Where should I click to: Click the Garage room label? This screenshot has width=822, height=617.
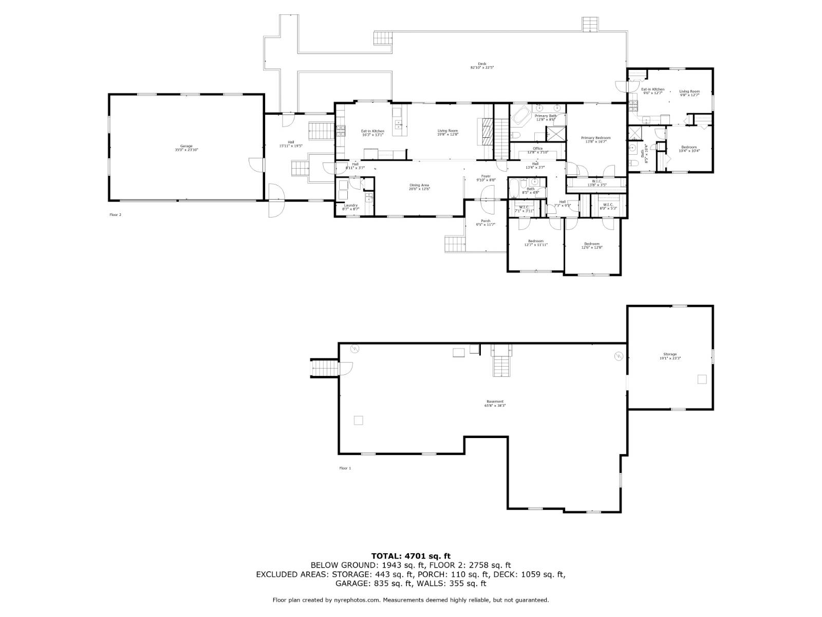[186, 148]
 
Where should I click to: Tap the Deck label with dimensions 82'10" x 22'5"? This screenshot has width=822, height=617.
[482, 66]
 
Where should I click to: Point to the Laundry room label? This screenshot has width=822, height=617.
[351, 207]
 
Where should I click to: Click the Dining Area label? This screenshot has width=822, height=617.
[419, 187]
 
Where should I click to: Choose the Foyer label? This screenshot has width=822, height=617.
[485, 178]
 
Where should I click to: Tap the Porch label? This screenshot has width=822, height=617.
[485, 223]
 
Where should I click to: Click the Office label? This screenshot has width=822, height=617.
[537, 150]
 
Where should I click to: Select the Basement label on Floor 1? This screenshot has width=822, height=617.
[495, 403]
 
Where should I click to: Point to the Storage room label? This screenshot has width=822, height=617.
[670, 356]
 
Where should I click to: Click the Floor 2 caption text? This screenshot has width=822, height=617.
[115, 214]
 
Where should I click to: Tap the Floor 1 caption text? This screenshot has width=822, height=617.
[345, 468]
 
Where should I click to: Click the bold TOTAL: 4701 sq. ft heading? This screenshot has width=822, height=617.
[410, 555]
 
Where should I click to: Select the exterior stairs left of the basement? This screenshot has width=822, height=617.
[325, 368]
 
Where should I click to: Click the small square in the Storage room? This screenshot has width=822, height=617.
[702, 379]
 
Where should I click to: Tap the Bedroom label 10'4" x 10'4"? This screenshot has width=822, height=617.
[689, 149]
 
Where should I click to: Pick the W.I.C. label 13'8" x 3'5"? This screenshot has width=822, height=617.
[596, 183]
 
